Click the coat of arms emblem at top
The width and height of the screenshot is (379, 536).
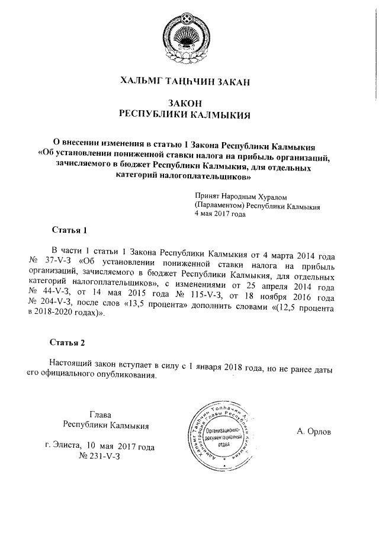point(188,38)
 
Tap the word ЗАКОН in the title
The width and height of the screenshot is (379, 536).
point(186,103)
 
